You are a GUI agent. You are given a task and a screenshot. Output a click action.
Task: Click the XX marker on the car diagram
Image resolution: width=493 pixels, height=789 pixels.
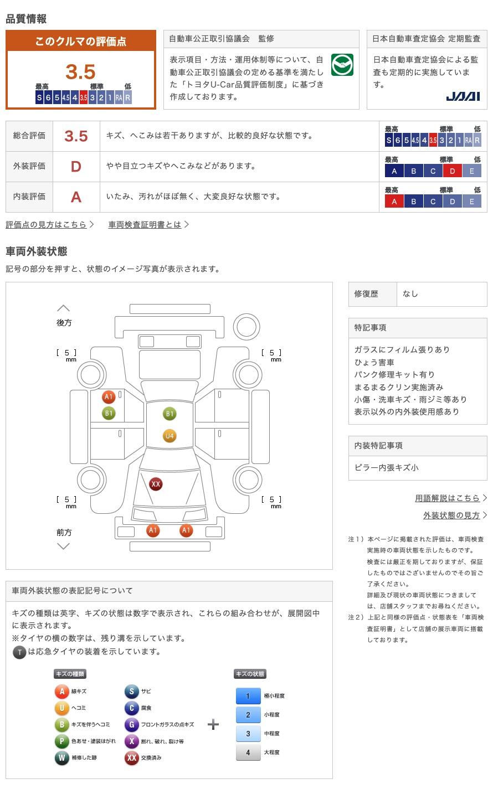click(156, 484)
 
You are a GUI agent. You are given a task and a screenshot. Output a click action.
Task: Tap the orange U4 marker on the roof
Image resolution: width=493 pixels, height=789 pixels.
click(170, 436)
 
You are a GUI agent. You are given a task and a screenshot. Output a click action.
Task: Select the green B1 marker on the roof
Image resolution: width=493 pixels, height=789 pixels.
click(170, 414)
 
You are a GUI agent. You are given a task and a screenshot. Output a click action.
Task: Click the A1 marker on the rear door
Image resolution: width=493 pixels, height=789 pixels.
click(109, 396)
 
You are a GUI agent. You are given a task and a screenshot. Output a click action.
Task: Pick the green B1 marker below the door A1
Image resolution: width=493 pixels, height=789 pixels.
click(109, 413)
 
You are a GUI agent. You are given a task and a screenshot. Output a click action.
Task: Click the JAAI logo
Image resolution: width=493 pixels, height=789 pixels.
click(463, 96)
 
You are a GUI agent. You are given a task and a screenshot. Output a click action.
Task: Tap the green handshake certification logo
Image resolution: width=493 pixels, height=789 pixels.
click(342, 65)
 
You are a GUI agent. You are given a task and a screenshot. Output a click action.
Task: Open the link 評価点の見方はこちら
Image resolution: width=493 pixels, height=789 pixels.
click(46, 225)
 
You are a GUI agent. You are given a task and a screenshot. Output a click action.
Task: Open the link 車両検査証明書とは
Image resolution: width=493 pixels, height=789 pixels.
click(145, 225)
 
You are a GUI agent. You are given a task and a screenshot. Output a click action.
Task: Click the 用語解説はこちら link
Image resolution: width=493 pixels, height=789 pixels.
click(447, 498)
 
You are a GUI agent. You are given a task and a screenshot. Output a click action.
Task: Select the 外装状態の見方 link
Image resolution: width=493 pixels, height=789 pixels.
click(451, 515)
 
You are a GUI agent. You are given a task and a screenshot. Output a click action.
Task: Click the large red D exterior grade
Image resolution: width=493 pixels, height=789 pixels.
click(76, 167)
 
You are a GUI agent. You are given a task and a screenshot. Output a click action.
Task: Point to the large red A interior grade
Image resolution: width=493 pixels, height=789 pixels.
click(76, 197)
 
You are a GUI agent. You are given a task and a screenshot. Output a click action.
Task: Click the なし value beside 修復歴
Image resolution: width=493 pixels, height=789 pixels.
click(410, 294)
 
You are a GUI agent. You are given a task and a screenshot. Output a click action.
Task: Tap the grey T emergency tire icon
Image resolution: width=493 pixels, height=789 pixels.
click(19, 652)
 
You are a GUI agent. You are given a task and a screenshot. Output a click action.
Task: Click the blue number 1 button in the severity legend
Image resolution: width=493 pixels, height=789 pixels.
click(248, 696)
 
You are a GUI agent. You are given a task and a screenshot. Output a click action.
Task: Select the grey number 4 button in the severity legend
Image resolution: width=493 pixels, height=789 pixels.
click(248, 752)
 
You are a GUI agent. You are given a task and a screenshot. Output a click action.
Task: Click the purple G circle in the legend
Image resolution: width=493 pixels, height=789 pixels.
click(131, 725)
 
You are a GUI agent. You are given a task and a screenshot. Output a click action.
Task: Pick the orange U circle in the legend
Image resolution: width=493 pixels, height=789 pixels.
click(61, 708)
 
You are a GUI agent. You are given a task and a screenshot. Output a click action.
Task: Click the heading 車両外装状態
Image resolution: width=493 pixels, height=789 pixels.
click(37, 251)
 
